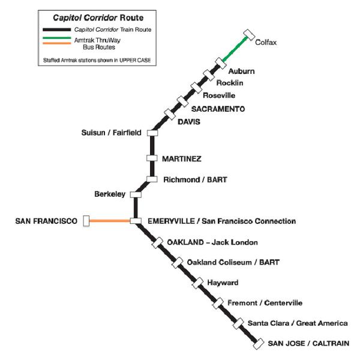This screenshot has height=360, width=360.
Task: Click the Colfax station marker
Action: pyautogui.click(x=249, y=35)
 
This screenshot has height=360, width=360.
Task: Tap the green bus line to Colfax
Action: pyautogui.click(x=235, y=49)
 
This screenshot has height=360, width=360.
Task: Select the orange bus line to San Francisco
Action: pyautogui.click(x=110, y=221)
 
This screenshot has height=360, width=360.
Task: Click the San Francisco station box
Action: pyautogui.click(x=86, y=221)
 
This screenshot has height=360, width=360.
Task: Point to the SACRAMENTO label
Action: pyautogui.click(x=218, y=109)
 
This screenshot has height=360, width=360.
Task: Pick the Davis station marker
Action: pyautogui.click(x=170, y=115)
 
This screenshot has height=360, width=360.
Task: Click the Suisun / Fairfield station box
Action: pyautogui.click(x=152, y=133)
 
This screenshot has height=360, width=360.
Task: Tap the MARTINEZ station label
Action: pyautogui.click(x=182, y=158)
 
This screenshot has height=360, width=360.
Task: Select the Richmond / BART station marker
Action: pyautogui.click(x=152, y=179)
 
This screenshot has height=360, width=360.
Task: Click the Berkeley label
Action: pyautogui.click(x=110, y=194)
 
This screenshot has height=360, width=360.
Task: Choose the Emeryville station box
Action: pyautogui.click(x=136, y=221)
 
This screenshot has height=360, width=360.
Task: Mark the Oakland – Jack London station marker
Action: pyautogui.click(x=157, y=243)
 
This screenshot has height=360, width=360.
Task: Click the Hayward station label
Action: pyautogui.click(x=223, y=283)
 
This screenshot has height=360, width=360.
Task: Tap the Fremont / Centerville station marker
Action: pyautogui.click(x=218, y=303)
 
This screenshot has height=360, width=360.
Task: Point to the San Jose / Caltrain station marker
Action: pyautogui.click(x=258, y=344)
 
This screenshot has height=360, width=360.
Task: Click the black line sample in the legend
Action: pyautogui.click(x=57, y=29)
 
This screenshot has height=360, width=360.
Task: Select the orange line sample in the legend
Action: pyautogui.click(x=57, y=43)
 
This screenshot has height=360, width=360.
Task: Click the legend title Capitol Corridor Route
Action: pyautogui.click(x=98, y=17)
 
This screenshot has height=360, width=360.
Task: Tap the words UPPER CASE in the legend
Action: pyautogui.click(x=135, y=60)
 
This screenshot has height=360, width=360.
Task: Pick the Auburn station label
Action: pyautogui.click(x=242, y=71)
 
